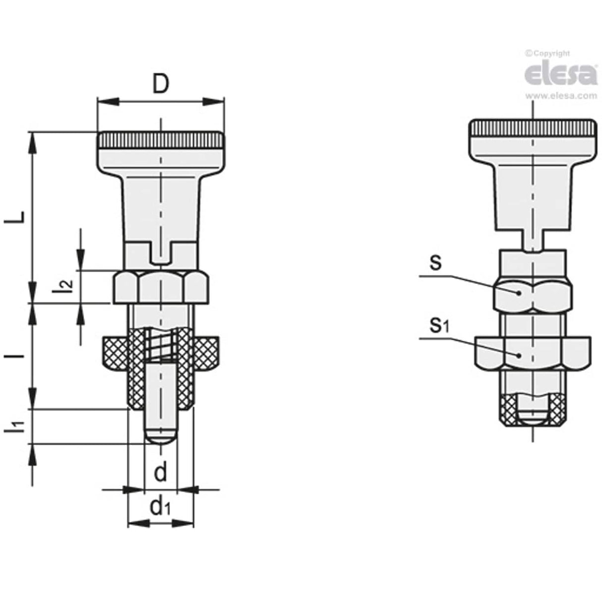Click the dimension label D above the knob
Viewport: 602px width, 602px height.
(160, 85)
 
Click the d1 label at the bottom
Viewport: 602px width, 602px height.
(161, 507)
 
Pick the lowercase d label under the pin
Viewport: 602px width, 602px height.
(160, 473)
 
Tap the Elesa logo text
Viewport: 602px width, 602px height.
(560, 74)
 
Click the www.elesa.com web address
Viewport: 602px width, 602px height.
(561, 96)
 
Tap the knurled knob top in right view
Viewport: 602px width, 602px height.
(532, 129)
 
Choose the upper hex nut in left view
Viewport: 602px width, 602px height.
(161, 287)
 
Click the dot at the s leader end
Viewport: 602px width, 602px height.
(519, 293)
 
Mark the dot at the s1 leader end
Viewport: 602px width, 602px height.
(519, 355)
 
